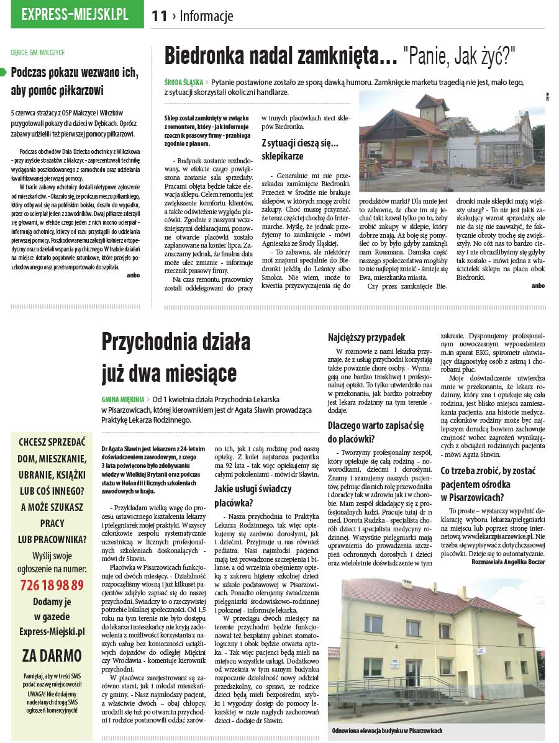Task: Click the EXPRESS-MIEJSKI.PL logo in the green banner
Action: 75,15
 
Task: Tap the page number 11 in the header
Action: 160,16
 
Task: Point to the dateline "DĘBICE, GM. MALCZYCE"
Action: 38,53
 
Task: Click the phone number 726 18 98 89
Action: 52,585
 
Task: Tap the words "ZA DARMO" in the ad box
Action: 52,655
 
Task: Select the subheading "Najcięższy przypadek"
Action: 366,338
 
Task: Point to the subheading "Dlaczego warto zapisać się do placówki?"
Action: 376,433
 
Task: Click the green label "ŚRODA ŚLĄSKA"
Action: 182,82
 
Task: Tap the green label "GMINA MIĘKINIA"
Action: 123,399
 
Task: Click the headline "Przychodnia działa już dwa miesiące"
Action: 176,357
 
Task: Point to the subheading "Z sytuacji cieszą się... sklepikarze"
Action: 299,149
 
